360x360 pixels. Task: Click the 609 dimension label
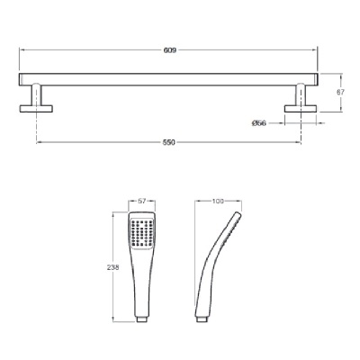(170, 50)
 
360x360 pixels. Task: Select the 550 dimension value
(168, 142)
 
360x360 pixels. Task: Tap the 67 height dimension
(340, 93)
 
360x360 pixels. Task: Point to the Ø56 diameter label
(259, 123)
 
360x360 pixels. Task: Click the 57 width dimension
(142, 202)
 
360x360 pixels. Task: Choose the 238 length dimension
(113, 267)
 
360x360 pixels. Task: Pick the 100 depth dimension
(218, 202)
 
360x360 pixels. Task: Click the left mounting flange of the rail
(36, 109)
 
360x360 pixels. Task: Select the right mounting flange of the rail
(301, 109)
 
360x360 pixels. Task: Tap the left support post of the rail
(36, 94)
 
